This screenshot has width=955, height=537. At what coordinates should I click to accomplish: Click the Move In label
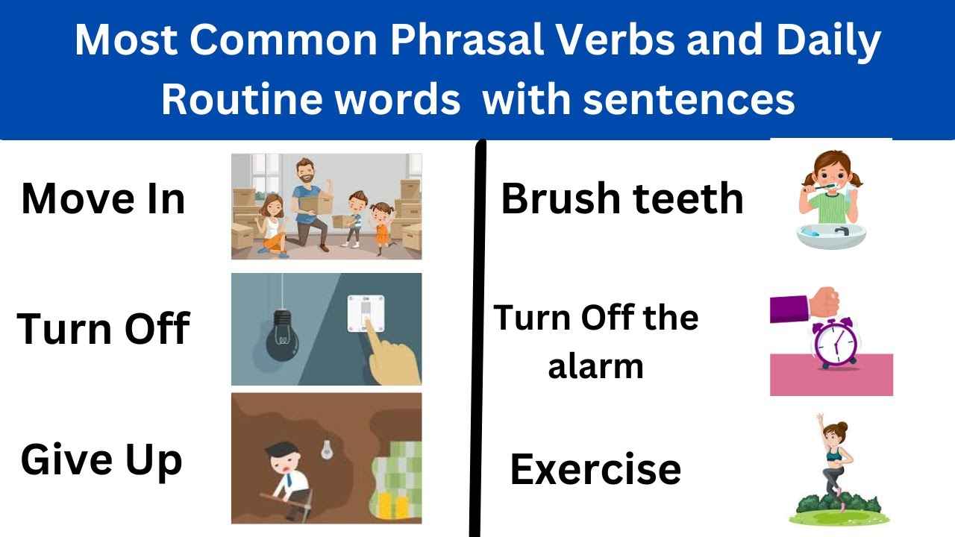pos(103,199)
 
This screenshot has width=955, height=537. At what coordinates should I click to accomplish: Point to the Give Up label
pos(101,459)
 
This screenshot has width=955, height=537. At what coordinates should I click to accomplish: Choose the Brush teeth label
pos(622,199)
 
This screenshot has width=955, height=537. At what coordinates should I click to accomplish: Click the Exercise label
pos(595,469)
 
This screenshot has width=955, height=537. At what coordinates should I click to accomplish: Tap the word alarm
pos(595,366)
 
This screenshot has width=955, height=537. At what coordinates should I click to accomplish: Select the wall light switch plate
pos(366,313)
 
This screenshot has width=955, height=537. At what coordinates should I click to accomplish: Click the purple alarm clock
pos(835,344)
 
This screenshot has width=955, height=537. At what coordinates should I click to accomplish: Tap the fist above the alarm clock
pos(825,301)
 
